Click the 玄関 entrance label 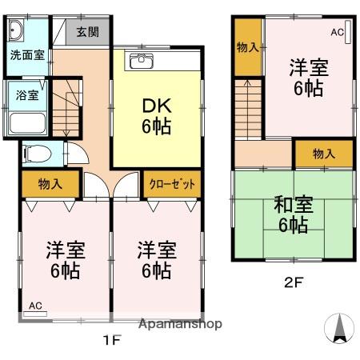[88, 33]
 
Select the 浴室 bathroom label [26, 95]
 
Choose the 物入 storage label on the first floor [50, 184]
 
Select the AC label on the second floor [337, 32]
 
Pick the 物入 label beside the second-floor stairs [247, 46]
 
